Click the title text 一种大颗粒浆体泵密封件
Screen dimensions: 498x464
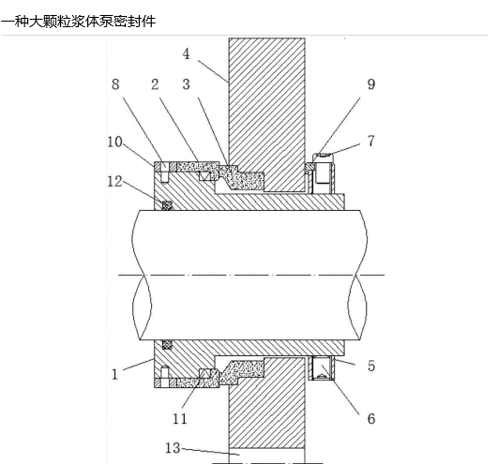click(x=78, y=22)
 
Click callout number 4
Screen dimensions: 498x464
click(x=186, y=54)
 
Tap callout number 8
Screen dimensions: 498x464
click(x=115, y=84)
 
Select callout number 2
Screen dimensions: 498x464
click(x=155, y=84)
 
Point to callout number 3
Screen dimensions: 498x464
click(x=186, y=84)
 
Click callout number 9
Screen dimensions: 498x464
click(x=371, y=84)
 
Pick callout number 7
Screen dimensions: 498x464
click(x=371, y=141)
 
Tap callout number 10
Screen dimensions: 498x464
click(x=114, y=142)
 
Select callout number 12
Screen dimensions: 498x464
click(x=114, y=182)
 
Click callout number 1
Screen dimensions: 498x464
click(x=115, y=375)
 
